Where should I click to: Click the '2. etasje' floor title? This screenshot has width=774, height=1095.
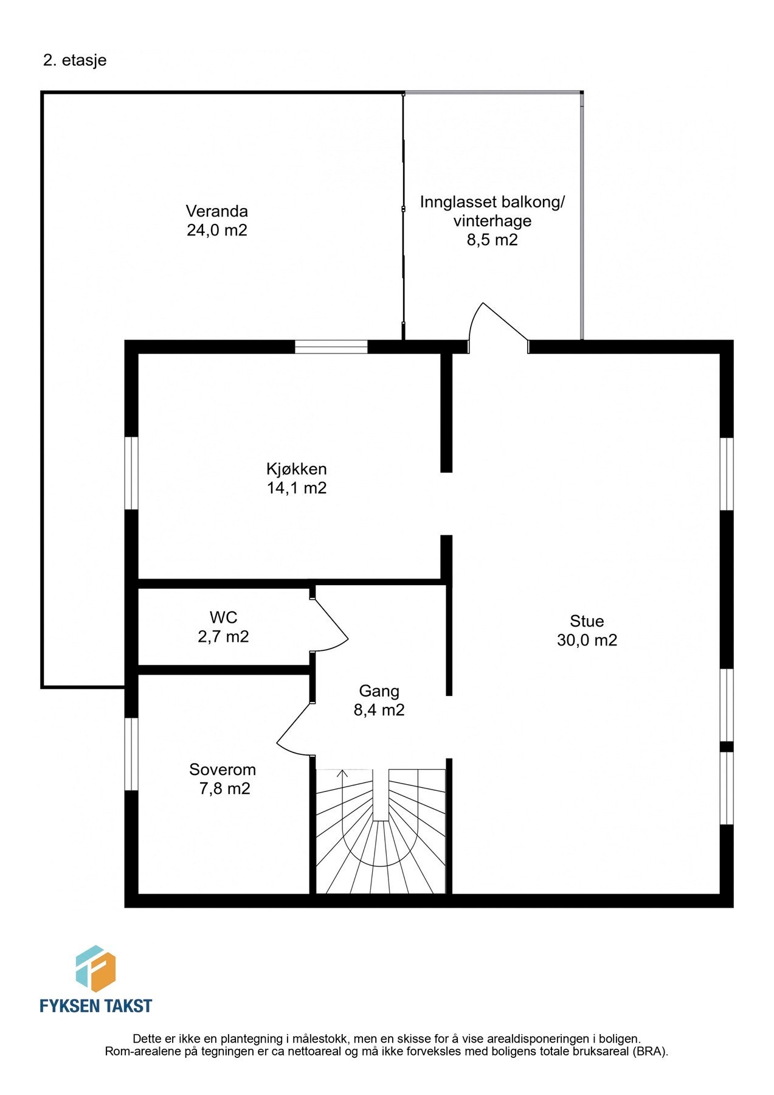tap(75, 60)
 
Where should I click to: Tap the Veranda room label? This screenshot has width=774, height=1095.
tap(216, 211)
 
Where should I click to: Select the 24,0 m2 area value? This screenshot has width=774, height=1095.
tap(216, 231)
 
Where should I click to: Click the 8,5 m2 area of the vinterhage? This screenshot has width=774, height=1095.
tap(492, 240)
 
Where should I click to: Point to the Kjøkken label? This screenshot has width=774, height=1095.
tap(296, 468)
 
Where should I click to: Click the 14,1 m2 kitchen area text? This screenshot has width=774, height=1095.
tap(296, 488)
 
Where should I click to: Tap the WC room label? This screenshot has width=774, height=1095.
tap(223, 617)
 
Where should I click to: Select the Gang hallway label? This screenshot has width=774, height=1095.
tap(379, 690)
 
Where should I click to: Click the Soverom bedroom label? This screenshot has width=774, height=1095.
tap(222, 769)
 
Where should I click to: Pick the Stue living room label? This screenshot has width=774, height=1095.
tap(586, 620)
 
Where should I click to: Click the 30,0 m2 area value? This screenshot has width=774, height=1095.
tap(586, 640)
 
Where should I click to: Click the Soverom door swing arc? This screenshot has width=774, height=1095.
tap(293, 729)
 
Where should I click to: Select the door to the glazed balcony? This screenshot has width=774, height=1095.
tap(497, 325)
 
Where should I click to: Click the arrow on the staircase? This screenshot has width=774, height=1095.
tap(342, 774)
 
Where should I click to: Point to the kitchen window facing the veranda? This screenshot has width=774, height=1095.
tap(331, 347)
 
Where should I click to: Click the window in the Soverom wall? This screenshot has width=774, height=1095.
tap(131, 754)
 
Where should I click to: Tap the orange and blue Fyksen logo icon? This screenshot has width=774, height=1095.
tap(95, 968)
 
